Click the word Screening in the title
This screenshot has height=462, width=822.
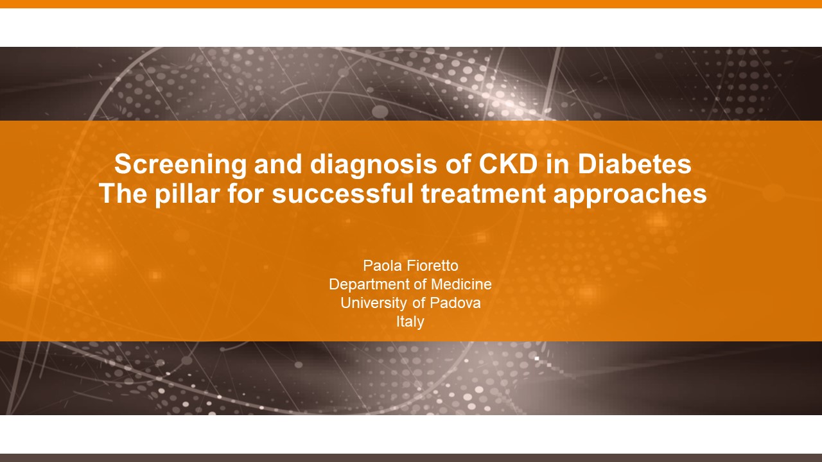(180, 165)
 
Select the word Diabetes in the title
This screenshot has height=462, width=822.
(634, 164)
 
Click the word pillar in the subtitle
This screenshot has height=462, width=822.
(187, 194)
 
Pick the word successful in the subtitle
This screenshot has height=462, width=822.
(343, 194)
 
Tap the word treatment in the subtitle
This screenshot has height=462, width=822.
(484, 194)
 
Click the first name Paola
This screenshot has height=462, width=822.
(378, 266)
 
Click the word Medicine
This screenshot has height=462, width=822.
(461, 284)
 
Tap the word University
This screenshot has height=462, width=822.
(374, 304)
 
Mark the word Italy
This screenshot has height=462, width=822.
(410, 322)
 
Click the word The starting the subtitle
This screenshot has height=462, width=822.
(123, 194)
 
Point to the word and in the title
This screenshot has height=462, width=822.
(278, 164)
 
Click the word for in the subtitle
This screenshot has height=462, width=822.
(246, 194)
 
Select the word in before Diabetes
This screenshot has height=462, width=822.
(558, 164)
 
